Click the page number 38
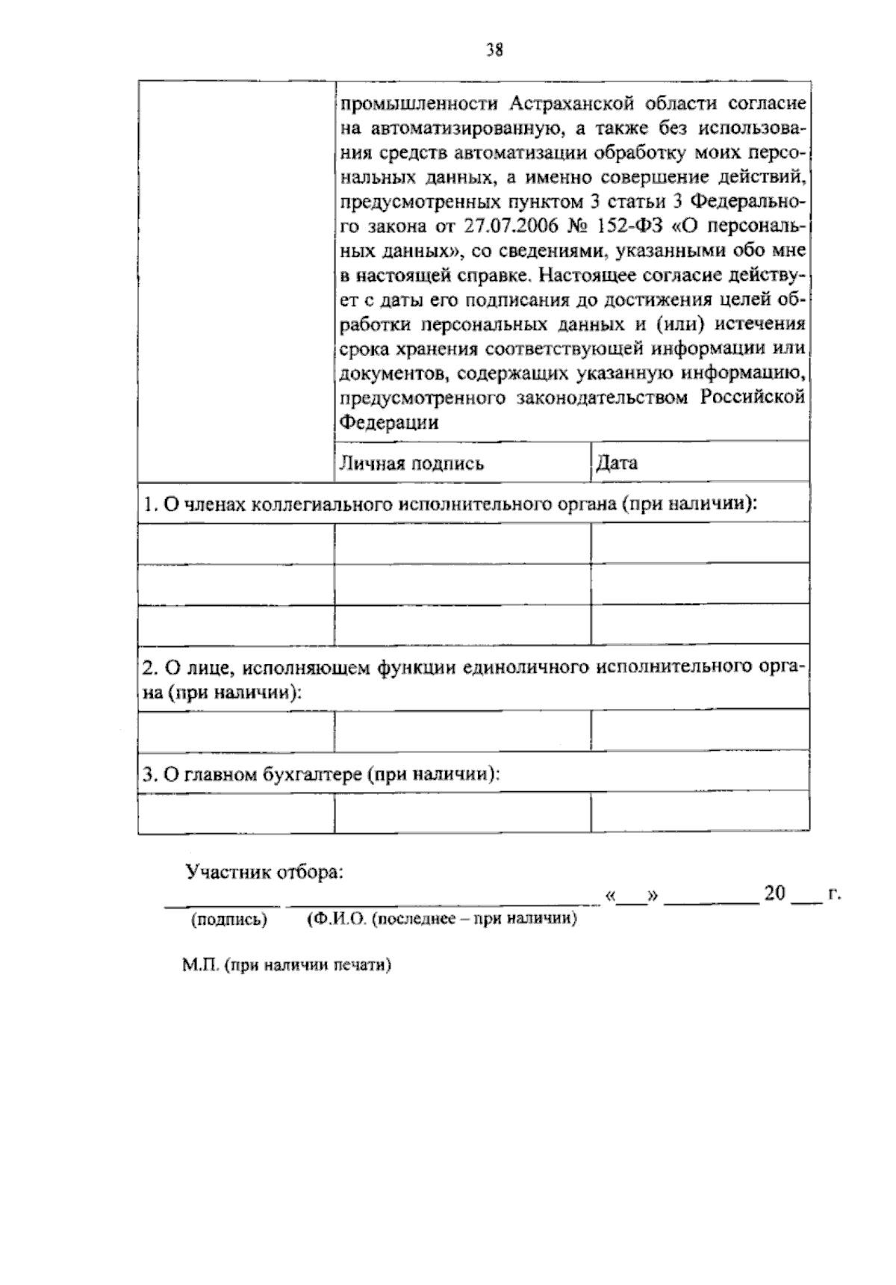[494, 51]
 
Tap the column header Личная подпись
[411, 464]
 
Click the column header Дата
[617, 463]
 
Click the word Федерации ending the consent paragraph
[389, 423]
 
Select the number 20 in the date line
[775, 894]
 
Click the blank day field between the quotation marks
[632, 897]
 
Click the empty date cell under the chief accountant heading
[700, 813]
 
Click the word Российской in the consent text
[753, 397]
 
